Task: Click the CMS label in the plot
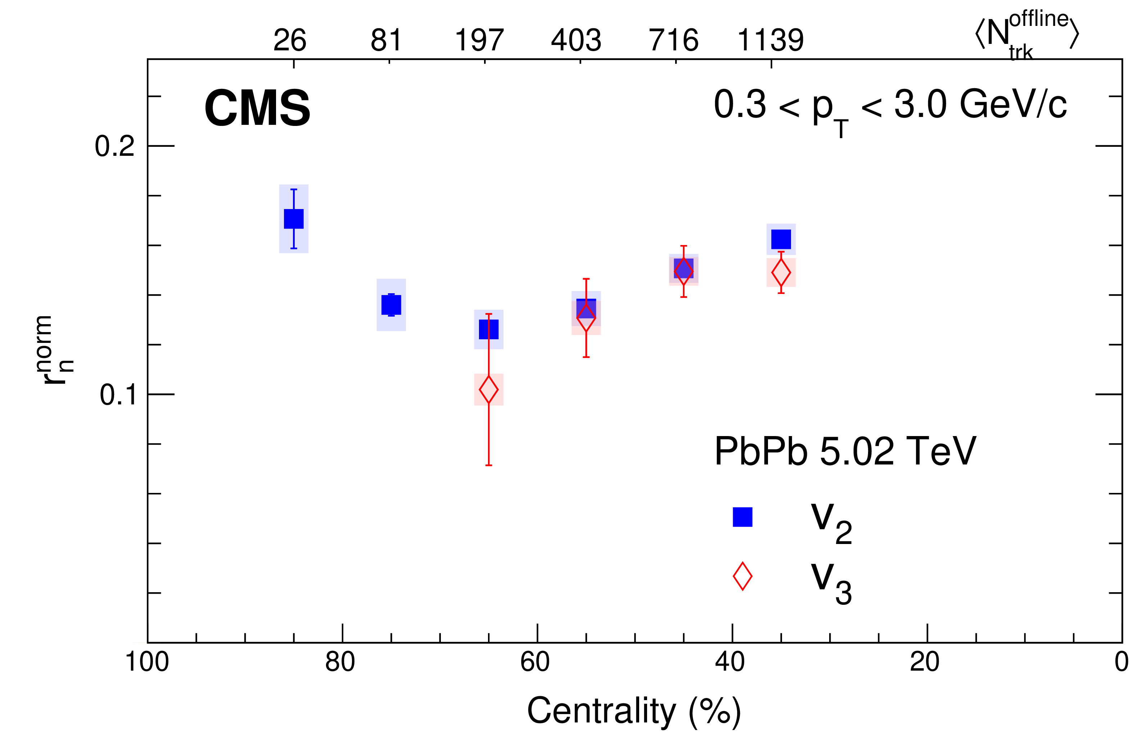[x=257, y=108]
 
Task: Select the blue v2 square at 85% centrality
[x=294, y=219]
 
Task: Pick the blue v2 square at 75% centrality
[x=391, y=305]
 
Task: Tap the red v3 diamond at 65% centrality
[x=488, y=389]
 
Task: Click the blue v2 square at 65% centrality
[x=488, y=329]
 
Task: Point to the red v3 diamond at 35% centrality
[x=781, y=273]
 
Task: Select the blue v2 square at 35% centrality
[x=781, y=239]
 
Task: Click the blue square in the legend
[x=742, y=517]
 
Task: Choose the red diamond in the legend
[x=742, y=576]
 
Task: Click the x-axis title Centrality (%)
[x=634, y=711]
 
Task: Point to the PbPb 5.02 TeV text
[x=845, y=451]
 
